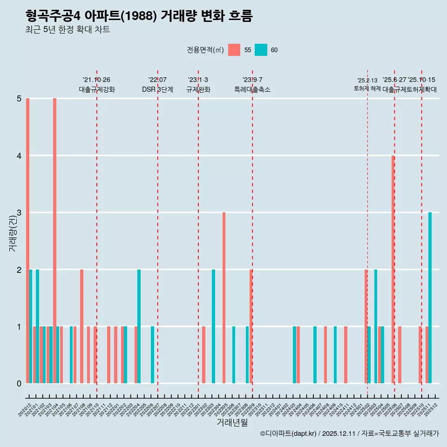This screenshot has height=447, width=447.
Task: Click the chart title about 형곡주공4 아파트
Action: (139, 16)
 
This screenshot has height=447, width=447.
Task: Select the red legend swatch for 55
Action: (234, 50)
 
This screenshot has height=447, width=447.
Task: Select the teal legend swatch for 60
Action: (261, 50)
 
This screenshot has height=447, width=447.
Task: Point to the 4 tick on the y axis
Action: (19, 156)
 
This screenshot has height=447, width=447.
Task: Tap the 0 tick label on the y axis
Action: (19, 384)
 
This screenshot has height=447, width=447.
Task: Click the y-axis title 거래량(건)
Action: (13, 233)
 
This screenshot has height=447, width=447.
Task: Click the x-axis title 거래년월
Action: (232, 422)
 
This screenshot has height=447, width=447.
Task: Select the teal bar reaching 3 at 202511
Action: (430, 298)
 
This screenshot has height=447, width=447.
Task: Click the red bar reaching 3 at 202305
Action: (224, 298)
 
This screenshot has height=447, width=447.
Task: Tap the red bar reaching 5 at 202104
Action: (54, 241)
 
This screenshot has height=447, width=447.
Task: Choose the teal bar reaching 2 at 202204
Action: (139, 326)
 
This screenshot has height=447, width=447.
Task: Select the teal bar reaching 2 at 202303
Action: (213, 326)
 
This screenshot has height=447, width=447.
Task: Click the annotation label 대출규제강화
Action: (96, 89)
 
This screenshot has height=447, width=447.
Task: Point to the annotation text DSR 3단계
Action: (157, 89)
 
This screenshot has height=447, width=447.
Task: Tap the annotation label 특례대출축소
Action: (252, 89)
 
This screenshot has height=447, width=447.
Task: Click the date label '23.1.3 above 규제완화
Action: (198, 80)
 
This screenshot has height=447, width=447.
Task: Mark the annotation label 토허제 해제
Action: (367, 88)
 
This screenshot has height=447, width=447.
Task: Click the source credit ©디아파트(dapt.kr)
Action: (289, 433)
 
